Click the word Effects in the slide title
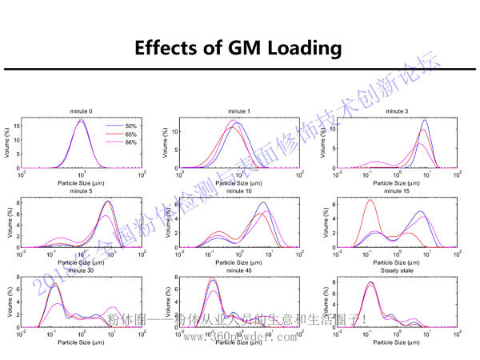[x=171, y=47]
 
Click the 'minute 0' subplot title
[x=82, y=111]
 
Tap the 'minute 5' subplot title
[x=82, y=192]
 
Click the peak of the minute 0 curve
[x=82, y=121]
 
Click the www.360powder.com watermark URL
[x=241, y=338]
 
